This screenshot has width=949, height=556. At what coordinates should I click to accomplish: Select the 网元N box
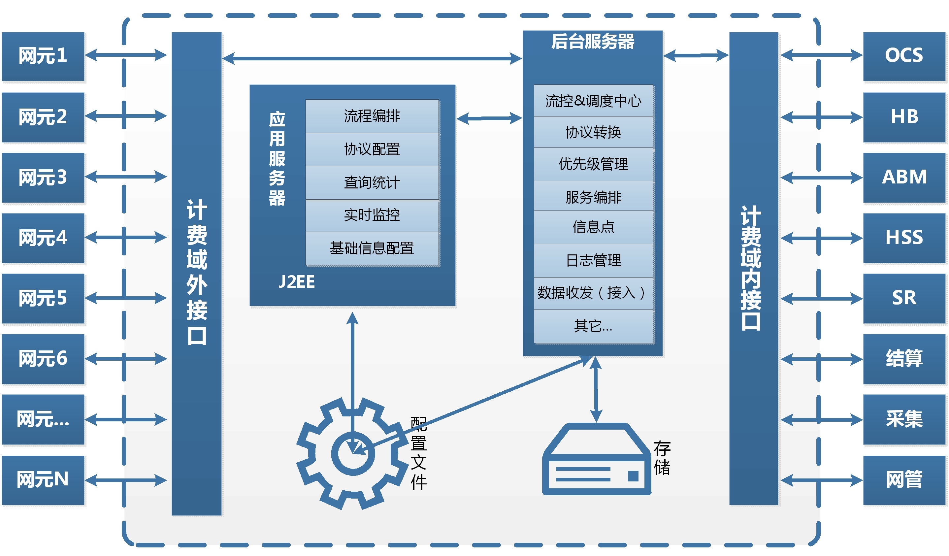click(x=43, y=479)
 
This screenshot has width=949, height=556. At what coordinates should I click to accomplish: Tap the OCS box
click(x=904, y=56)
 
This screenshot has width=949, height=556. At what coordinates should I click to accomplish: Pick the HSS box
click(x=904, y=238)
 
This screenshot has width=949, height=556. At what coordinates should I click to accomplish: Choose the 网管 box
click(x=904, y=479)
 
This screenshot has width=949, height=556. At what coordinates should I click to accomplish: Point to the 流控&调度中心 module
click(x=593, y=101)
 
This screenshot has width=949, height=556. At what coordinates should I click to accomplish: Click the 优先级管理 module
click(x=593, y=164)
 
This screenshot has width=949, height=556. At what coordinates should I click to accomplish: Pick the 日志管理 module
click(x=593, y=260)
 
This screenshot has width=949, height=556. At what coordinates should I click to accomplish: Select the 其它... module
click(x=593, y=326)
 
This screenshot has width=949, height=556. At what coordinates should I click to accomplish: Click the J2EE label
click(x=296, y=282)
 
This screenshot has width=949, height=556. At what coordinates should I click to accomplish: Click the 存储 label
click(x=662, y=458)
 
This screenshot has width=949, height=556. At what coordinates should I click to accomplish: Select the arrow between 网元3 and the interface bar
click(x=126, y=177)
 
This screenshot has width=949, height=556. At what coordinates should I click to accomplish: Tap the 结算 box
click(x=904, y=359)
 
